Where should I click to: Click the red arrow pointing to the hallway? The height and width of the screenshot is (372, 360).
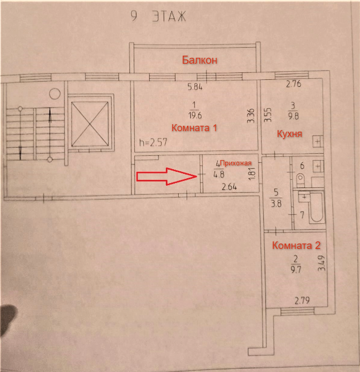[x=165, y=177]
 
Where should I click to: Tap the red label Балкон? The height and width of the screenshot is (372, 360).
[x=200, y=60]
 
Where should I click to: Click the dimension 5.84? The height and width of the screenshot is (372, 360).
[x=195, y=87]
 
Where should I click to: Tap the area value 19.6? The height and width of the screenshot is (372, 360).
[x=194, y=113]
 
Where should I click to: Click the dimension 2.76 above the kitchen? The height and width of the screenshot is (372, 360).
[x=294, y=84]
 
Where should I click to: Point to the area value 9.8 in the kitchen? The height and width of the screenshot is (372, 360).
[x=293, y=113]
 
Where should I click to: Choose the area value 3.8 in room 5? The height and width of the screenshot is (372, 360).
[x=277, y=202]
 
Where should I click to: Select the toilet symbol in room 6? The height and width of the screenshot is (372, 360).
[x=300, y=177]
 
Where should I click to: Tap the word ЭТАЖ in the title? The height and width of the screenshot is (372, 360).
[x=168, y=17]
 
